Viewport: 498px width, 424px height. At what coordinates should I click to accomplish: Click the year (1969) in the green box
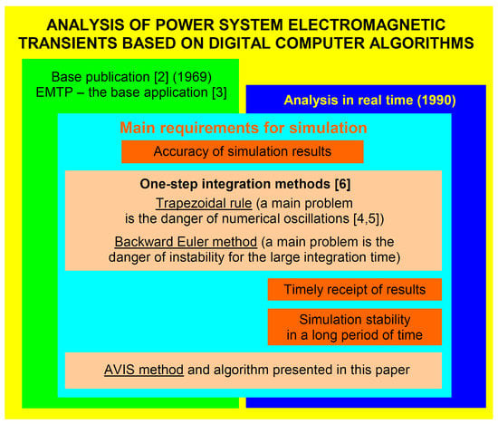pos(193,77)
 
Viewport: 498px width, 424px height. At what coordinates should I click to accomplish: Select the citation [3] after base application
pos(219,92)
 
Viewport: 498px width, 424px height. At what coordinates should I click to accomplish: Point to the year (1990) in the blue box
pos(436,101)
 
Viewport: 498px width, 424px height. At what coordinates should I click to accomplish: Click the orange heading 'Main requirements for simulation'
pos(244,128)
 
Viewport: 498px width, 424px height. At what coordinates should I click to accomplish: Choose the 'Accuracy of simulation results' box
pos(243,151)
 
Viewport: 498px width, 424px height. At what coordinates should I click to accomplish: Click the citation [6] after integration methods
pos(342,184)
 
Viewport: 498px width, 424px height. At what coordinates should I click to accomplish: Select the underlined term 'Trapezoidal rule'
pos(204,204)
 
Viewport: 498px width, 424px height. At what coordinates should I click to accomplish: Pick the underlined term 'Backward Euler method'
pos(186,242)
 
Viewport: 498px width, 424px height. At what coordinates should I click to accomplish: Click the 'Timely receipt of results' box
pos(355,290)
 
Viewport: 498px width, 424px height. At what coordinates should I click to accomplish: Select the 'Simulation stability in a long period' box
pos(355,327)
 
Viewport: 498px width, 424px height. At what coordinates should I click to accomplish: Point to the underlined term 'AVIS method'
pos(144,370)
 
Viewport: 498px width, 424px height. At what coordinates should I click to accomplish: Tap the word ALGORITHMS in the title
pos(422,43)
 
